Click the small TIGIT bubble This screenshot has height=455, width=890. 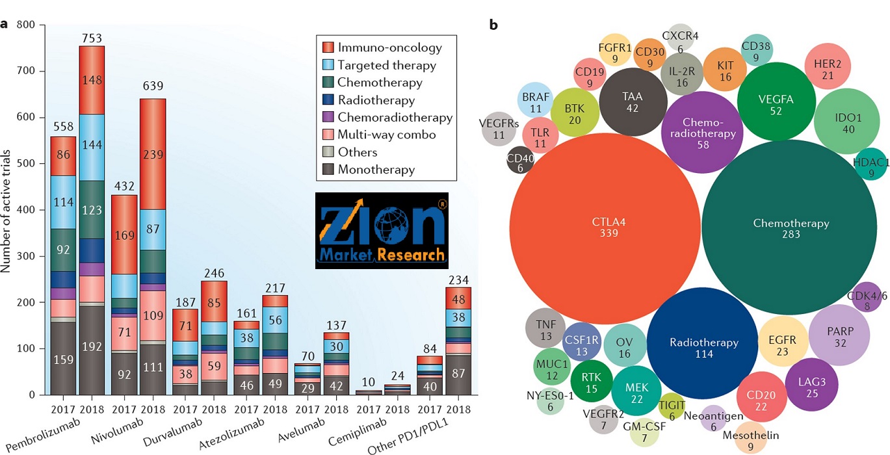click(x=672, y=406)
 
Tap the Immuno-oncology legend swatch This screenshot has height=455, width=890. click(x=329, y=47)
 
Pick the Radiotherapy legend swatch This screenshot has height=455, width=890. click(x=329, y=100)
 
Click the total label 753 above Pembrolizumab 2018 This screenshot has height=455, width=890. click(x=92, y=38)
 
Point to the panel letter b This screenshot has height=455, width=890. click(x=493, y=25)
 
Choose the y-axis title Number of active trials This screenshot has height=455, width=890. click(x=8, y=209)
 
